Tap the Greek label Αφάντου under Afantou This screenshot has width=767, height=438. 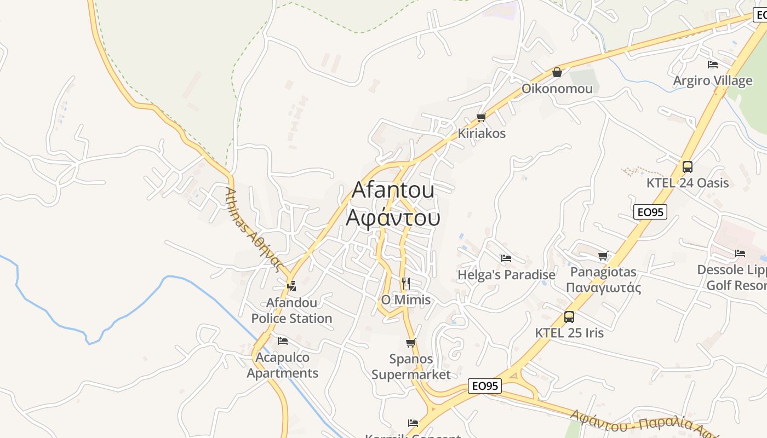(x=393, y=217)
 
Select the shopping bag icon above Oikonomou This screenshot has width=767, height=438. (x=557, y=72)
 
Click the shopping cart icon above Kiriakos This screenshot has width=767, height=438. (x=482, y=117)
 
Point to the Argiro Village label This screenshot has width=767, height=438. (x=712, y=80)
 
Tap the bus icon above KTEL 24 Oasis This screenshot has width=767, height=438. (x=688, y=167)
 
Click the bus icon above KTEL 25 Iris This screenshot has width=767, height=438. (x=569, y=317)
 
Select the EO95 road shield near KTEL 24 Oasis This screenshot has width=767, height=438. (x=650, y=212)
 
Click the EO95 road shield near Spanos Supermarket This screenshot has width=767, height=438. (x=485, y=386)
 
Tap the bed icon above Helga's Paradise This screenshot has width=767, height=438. (x=506, y=258)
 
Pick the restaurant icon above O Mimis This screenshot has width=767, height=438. (x=406, y=284)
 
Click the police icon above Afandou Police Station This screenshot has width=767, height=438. (x=291, y=286)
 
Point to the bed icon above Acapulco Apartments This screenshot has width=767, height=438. (x=283, y=341)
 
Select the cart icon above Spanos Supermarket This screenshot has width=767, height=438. (x=411, y=343)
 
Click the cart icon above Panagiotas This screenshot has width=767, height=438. (x=603, y=256)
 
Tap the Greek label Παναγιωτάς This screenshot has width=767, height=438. (x=603, y=287)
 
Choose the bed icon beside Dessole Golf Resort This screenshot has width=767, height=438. (x=740, y=253)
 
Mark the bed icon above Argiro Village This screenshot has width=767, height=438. (x=713, y=65)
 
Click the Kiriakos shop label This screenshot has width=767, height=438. (x=482, y=133)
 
